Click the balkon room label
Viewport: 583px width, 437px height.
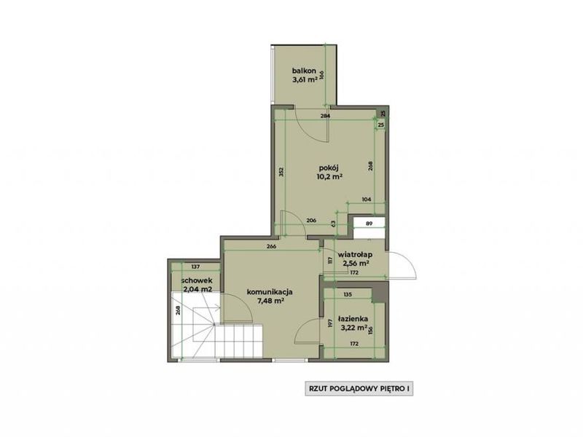coord(304,71)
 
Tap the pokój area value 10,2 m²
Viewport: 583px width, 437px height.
coord(329,177)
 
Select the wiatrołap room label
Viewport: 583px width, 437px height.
coord(356,255)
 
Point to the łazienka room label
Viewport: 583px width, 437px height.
coord(353,319)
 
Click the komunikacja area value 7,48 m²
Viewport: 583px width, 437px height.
coord(270,301)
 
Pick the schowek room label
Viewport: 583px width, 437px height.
coord(197,280)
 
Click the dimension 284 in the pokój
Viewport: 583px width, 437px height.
coord(325,116)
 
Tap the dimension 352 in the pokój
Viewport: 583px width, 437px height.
coord(281,172)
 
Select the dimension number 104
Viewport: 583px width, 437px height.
coord(367,200)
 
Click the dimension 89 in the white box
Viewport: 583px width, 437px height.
coord(369,224)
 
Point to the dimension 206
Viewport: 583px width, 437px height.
coord(311,221)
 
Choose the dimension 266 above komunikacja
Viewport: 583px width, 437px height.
coord(271,246)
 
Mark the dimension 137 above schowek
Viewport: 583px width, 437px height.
coord(195,267)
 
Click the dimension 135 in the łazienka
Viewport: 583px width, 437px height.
coord(348,295)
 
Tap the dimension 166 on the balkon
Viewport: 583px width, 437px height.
coord(322,75)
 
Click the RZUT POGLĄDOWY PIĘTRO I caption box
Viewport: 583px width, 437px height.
coord(359,389)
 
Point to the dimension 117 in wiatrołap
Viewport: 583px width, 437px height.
coord(329,260)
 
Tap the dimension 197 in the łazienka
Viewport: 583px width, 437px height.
coord(329,323)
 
